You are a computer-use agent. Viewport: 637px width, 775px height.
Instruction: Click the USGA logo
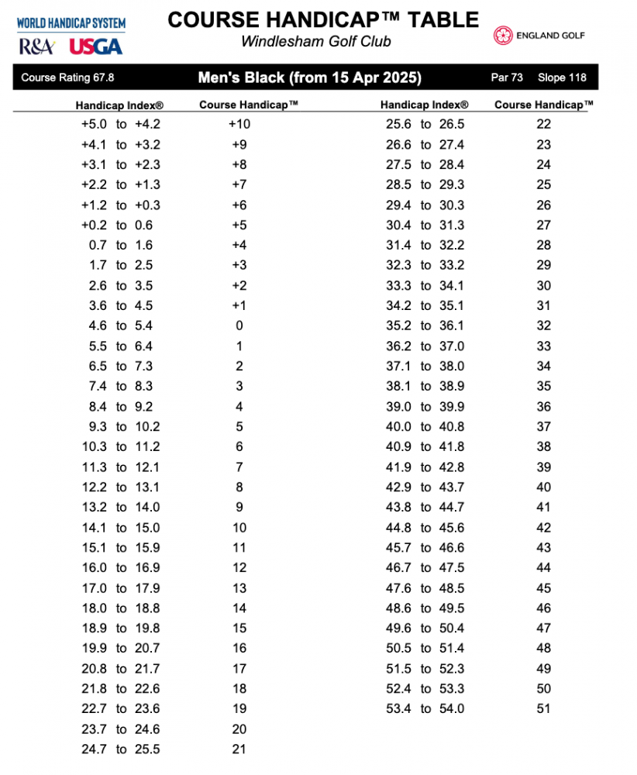tap(96, 46)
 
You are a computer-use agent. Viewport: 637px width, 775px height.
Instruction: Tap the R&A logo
tap(36, 46)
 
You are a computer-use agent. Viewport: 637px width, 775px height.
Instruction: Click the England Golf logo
tap(540, 36)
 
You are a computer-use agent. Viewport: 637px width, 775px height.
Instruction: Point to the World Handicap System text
tap(71, 24)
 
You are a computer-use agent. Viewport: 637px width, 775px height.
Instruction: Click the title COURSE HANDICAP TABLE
tap(323, 19)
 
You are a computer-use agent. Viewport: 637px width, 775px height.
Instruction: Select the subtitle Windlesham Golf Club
tap(316, 42)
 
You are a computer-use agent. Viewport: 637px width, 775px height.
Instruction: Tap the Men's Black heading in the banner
tap(310, 77)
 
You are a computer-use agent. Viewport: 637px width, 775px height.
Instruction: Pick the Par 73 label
tap(508, 77)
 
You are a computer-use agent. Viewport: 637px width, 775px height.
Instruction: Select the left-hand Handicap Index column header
tap(119, 105)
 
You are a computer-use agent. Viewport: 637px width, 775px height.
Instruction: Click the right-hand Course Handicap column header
tap(544, 105)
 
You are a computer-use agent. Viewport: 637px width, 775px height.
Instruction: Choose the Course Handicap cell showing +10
tap(239, 124)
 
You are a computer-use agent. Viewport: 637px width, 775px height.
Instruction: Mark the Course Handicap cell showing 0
tap(239, 325)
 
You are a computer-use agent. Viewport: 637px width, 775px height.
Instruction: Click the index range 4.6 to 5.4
tap(120, 325)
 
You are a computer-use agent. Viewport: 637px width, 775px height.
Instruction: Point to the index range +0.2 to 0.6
tap(120, 225)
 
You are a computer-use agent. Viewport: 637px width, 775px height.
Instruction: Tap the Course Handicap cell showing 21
tap(239, 749)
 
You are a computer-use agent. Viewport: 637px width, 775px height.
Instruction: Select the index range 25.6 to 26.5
tap(425, 124)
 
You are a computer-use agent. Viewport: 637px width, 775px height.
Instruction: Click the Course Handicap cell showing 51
tap(544, 708)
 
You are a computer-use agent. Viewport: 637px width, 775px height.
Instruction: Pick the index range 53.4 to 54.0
tap(425, 708)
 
